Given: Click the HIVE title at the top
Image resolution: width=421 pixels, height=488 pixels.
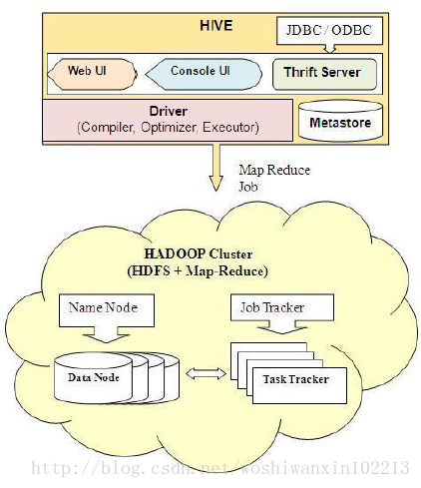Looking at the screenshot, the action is coord(215,26).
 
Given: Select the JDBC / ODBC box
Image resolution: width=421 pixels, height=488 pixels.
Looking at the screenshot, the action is coord(329,31).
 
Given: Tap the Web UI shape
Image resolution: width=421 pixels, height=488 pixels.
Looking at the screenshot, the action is coord(92,74).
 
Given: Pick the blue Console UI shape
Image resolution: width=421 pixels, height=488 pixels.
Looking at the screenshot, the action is coord(204,74).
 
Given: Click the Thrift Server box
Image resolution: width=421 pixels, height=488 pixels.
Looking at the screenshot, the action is coord(324,74).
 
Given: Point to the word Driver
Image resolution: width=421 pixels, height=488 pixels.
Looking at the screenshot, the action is coord(169,111).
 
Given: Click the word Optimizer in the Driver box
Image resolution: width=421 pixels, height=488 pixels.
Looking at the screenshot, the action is coord(169,127).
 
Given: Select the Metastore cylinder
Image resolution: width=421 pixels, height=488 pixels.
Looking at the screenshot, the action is coord(340,120).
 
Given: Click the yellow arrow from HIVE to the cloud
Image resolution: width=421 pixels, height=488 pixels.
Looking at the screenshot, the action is coord(216,168).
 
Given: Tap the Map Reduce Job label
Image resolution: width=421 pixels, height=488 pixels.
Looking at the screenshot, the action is coord(274,178).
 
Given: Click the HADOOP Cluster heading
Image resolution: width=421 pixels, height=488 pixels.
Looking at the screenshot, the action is coord(199,253).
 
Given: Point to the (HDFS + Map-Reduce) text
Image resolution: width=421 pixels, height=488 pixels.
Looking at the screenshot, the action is coord(198,270).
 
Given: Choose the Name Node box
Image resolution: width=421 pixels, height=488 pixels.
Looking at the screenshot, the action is coord(107,310).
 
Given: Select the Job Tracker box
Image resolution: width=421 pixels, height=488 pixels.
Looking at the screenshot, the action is coord(282,307).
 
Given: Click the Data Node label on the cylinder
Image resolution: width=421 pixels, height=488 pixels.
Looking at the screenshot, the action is coord(94,377).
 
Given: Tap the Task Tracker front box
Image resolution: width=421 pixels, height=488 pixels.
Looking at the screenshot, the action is coord(299,385).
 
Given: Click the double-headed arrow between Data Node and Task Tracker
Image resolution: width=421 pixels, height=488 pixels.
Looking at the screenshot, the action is coord(206,373).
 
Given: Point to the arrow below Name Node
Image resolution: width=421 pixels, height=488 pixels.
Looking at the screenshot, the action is coord(107,334).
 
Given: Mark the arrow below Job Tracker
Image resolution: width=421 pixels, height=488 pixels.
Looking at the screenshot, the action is coord(282,327).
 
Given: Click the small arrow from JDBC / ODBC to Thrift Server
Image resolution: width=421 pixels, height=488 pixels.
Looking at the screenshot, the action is coord(329,49).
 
